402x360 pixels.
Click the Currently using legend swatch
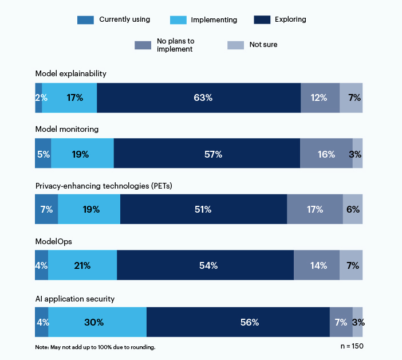(x=85, y=20)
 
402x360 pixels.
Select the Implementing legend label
(x=214, y=20)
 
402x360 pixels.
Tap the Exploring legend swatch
(x=262, y=20)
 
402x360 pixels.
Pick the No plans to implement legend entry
(x=175, y=45)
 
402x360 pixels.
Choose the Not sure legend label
(x=264, y=45)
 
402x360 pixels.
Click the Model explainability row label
(x=70, y=74)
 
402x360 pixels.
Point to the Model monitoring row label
(x=66, y=129)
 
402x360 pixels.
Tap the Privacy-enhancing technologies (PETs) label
(x=104, y=186)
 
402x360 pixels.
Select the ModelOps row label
(x=53, y=242)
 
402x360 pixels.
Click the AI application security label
(x=74, y=299)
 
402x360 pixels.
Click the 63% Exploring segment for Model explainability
(x=199, y=98)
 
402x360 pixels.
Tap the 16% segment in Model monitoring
(x=326, y=154)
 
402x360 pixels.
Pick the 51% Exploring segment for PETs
(x=203, y=210)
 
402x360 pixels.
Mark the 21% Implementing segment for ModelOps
(x=82, y=266)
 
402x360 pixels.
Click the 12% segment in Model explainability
(x=320, y=98)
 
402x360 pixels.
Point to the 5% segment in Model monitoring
(x=43, y=154)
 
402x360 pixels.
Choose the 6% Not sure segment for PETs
(x=353, y=210)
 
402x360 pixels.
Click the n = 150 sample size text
(x=351, y=346)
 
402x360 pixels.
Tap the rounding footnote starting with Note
(x=95, y=347)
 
